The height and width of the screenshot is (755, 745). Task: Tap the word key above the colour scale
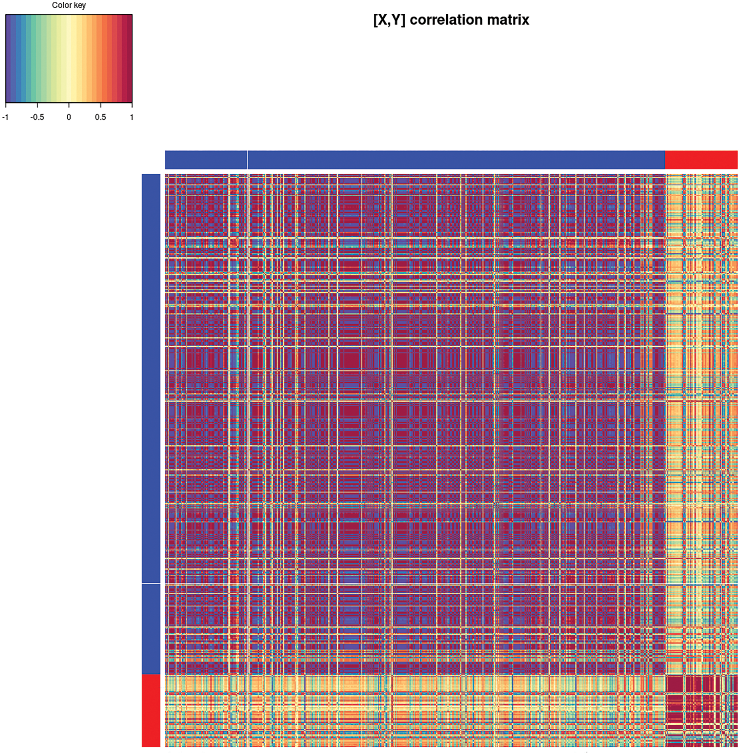point(80,5)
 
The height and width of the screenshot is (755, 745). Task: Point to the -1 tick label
point(5,117)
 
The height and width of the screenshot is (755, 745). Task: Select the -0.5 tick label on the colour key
point(37,117)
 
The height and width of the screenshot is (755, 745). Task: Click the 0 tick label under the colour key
point(69,117)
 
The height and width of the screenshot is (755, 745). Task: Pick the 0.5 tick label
point(100,117)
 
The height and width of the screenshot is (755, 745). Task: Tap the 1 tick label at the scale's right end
point(132,117)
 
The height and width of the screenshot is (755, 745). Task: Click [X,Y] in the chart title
point(389,20)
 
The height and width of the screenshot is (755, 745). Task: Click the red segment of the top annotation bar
point(701,160)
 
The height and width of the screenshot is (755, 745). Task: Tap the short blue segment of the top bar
point(206,160)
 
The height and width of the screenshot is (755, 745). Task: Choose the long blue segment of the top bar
point(456,160)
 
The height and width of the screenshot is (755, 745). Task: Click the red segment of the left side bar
point(151,711)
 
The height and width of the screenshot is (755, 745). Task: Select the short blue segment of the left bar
point(151,629)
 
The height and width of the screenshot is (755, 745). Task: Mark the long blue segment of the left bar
point(151,378)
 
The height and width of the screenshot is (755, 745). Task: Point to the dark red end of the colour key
point(127,58)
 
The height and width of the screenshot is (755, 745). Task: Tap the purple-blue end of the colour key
point(9,58)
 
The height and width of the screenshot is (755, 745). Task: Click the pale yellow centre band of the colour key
point(69,58)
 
